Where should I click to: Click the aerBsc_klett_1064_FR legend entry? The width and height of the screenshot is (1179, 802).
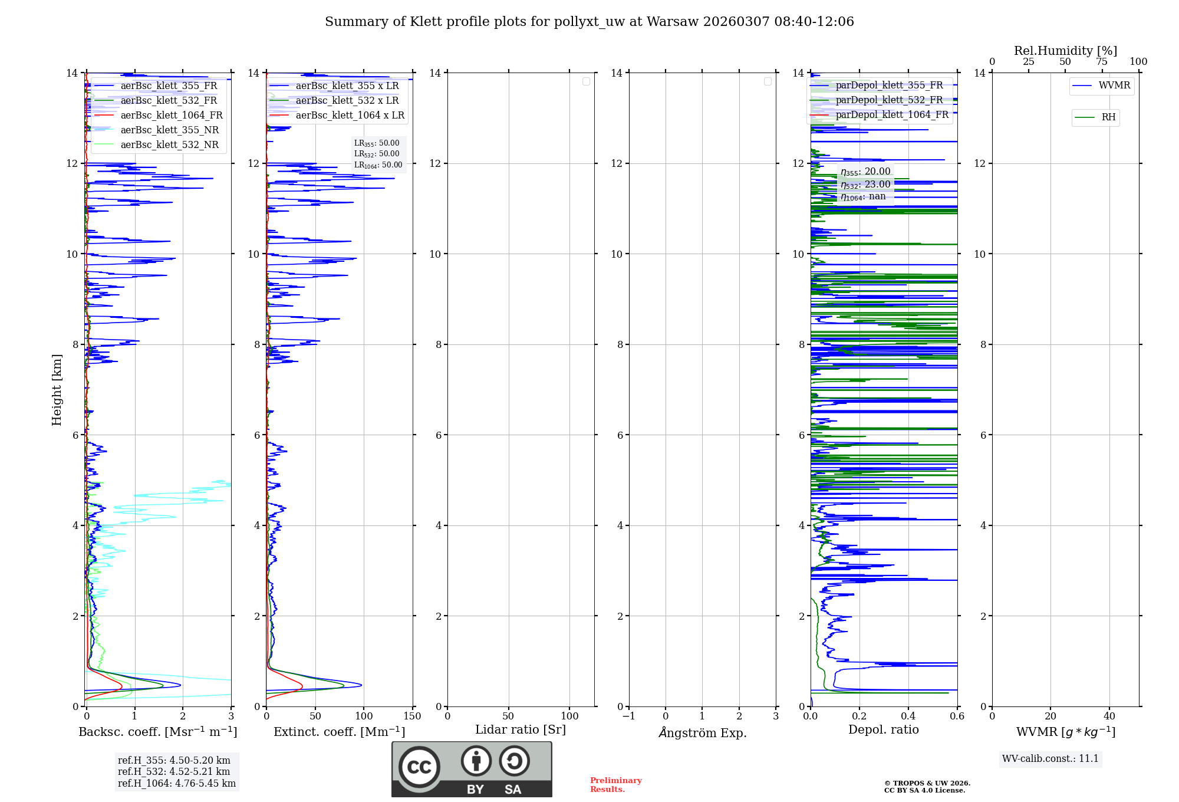(x=172, y=116)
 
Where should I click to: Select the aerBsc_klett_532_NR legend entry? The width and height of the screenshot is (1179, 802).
(x=169, y=145)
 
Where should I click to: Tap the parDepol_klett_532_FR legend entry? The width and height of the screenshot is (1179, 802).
(x=889, y=100)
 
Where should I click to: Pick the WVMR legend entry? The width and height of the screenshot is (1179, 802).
(x=1114, y=86)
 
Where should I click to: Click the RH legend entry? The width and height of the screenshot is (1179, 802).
(x=1108, y=117)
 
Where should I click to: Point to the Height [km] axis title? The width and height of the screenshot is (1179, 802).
(x=57, y=390)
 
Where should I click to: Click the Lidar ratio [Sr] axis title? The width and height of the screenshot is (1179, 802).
(x=521, y=730)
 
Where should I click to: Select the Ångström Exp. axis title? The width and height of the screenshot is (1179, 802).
(x=703, y=733)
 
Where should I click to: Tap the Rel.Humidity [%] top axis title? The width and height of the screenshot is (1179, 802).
(x=1065, y=51)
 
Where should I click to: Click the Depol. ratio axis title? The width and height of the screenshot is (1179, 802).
(x=884, y=730)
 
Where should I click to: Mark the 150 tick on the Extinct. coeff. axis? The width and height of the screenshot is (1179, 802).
(x=413, y=716)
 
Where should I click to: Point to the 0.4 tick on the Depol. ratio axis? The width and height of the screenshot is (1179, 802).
(x=908, y=716)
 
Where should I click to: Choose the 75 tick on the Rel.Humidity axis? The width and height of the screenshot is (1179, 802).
(x=1102, y=62)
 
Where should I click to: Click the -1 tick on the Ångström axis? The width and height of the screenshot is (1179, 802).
(x=629, y=716)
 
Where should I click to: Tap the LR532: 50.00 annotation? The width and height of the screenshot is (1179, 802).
(x=377, y=154)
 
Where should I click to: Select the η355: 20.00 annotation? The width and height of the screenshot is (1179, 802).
(x=865, y=172)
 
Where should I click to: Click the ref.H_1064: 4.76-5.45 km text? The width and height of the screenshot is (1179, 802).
(x=177, y=784)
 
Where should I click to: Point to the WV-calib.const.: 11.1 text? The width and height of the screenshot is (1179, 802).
(x=1050, y=759)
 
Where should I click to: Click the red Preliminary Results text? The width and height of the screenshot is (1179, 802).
(x=615, y=785)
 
